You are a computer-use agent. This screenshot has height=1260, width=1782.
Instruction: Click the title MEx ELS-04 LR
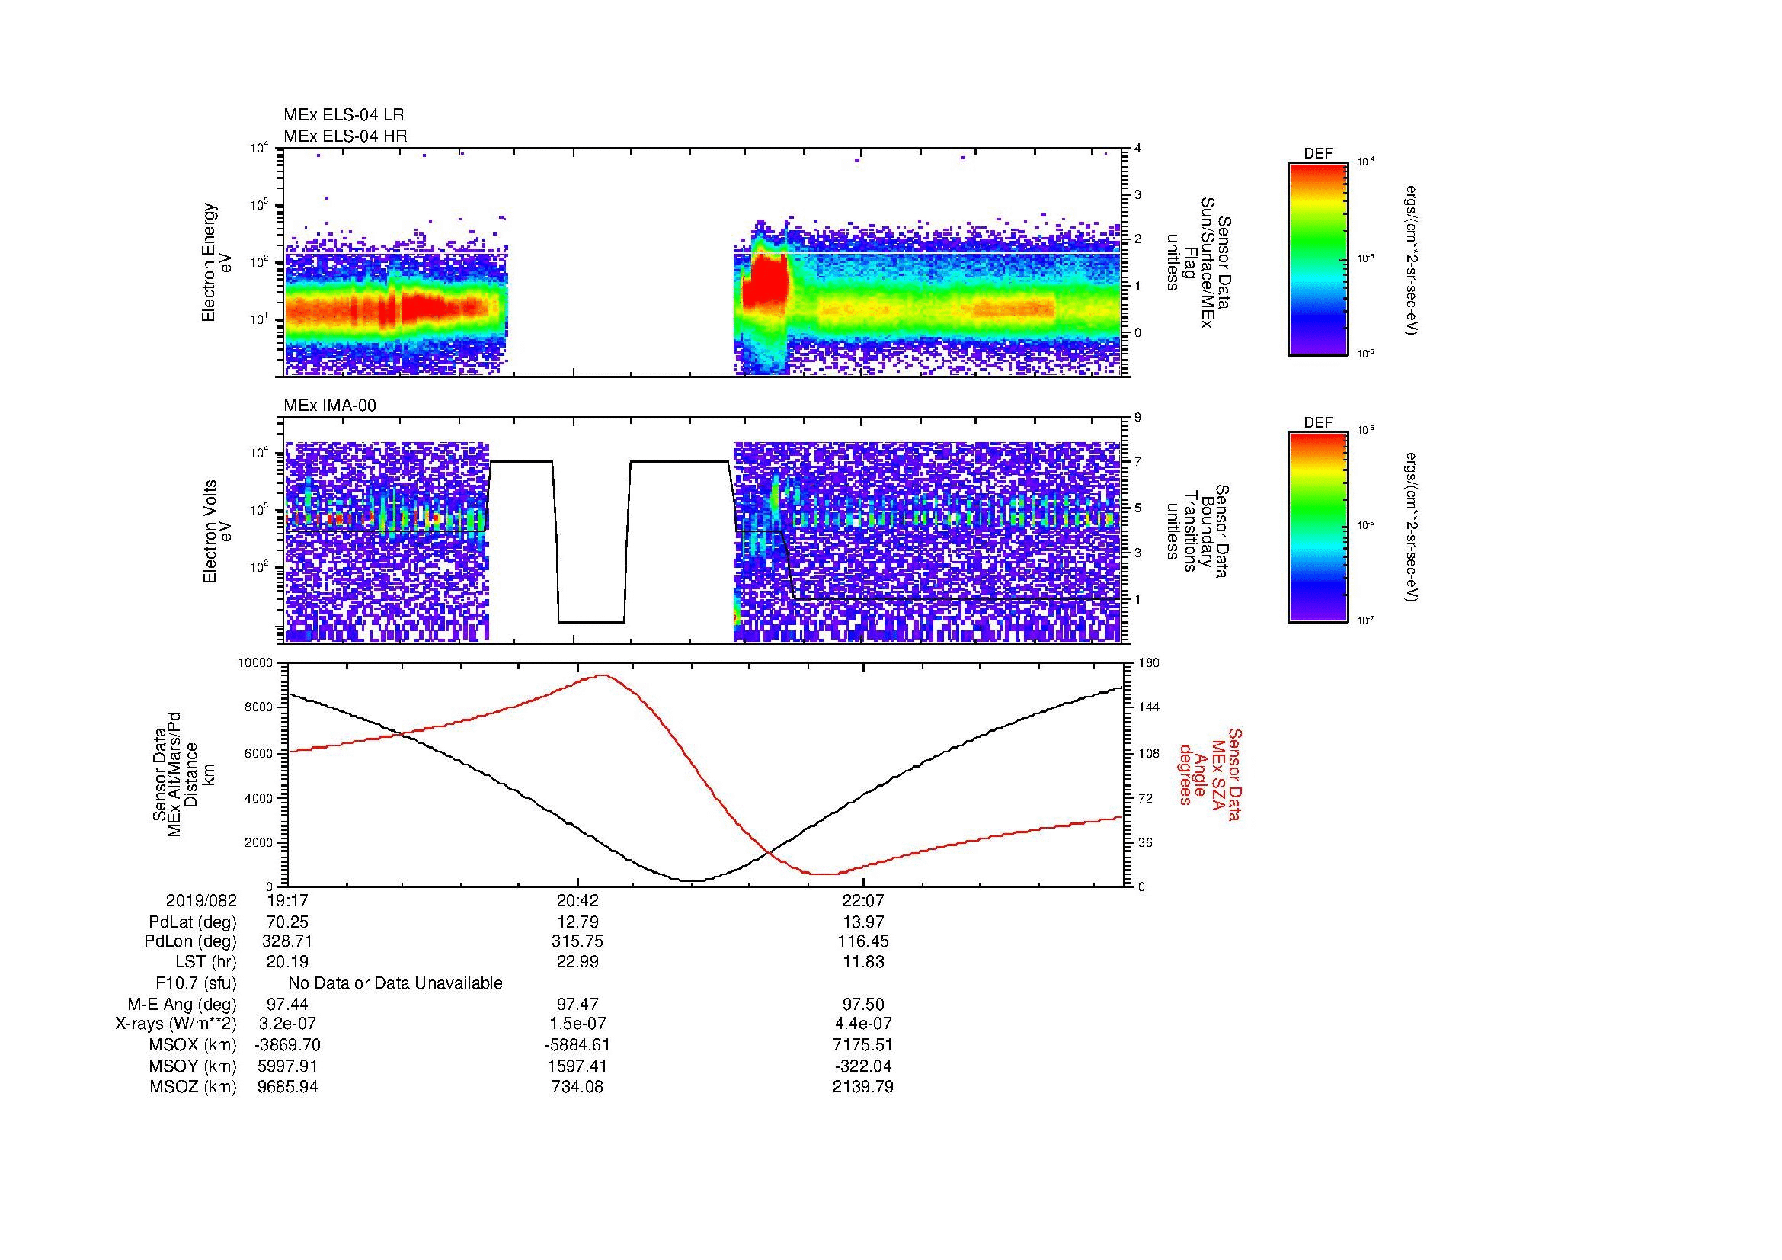pos(343,115)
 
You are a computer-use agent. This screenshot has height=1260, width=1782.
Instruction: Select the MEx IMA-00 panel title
pos(330,406)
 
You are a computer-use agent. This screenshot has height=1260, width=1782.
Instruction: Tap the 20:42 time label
pos(577,900)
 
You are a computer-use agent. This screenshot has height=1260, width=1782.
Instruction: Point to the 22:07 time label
pos(862,900)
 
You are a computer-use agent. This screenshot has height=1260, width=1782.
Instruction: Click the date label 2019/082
pos(201,900)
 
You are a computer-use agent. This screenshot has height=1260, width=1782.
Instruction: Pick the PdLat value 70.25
pos(288,922)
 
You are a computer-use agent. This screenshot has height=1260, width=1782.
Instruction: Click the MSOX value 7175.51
pos(863,1045)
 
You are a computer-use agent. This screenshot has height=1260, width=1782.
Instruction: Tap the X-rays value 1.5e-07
pos(577,1024)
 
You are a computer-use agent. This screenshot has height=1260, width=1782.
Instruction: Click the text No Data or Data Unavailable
pos(395,983)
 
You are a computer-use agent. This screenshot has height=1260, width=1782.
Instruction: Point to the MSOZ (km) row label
pos(193,1087)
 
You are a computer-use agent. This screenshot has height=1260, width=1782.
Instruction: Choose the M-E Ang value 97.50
pos(863,1005)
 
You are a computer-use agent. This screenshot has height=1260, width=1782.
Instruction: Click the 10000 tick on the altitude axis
pos(256,663)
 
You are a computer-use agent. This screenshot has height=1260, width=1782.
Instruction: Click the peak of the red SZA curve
pos(603,675)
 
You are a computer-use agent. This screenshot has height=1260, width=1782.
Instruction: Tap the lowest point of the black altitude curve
pos(693,880)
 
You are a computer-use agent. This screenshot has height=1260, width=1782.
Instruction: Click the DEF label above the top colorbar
pos(1318,154)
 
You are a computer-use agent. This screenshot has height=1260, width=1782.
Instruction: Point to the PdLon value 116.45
pos(863,941)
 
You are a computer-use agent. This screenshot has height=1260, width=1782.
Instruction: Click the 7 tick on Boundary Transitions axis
pos(1137,462)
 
